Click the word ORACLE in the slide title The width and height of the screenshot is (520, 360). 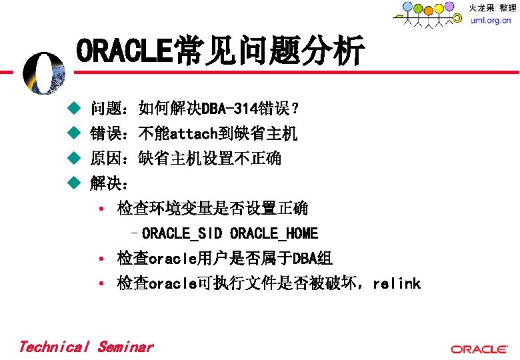pyautogui.click(x=124, y=50)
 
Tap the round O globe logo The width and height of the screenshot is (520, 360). pyautogui.click(x=44, y=73)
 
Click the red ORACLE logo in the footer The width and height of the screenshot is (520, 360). pyautogui.click(x=479, y=349)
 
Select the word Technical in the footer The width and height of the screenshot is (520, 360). pyautogui.click(x=55, y=347)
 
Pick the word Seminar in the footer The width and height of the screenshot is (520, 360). pyautogui.click(x=126, y=347)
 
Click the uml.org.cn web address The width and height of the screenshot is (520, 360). pyautogui.click(x=491, y=20)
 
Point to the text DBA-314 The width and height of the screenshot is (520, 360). pyautogui.click(x=229, y=109)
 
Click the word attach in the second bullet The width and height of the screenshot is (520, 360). pyautogui.click(x=194, y=133)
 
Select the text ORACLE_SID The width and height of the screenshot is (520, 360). pyautogui.click(x=182, y=233)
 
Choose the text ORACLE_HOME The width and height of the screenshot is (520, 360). pyautogui.click(x=274, y=233)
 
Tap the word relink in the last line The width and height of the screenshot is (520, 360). pyautogui.click(x=397, y=283)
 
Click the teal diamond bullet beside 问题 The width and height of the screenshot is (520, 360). pyautogui.click(x=74, y=108)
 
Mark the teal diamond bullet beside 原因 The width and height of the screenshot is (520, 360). pyautogui.click(x=74, y=158)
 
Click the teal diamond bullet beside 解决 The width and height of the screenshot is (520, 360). pyautogui.click(x=74, y=183)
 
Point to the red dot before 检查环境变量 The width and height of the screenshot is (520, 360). pyautogui.click(x=101, y=209)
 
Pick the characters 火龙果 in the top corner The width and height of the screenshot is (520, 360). pyautogui.click(x=481, y=7)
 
